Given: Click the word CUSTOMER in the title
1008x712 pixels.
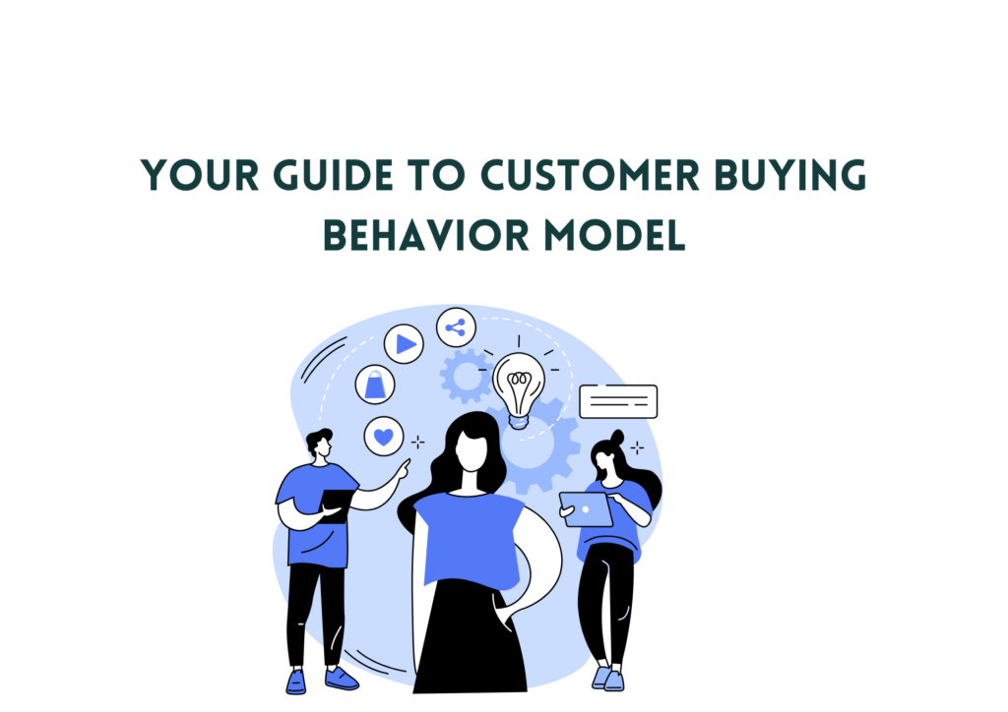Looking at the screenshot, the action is [x=590, y=175].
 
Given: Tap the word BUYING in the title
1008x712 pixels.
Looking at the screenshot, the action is [x=790, y=175].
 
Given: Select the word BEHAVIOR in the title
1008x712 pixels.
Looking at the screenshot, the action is [x=426, y=235].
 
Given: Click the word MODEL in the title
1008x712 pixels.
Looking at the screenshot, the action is [x=614, y=235].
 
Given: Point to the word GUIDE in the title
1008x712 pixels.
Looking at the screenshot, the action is [x=333, y=175].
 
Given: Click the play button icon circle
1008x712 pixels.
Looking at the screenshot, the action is [x=404, y=344].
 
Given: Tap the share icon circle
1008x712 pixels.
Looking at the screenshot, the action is [x=456, y=327].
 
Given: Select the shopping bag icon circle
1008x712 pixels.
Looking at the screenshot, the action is [x=375, y=385].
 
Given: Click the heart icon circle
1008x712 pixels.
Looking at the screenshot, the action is [x=384, y=437].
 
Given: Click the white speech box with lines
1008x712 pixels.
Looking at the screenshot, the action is [x=618, y=401].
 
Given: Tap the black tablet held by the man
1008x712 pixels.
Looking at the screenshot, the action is [x=335, y=505].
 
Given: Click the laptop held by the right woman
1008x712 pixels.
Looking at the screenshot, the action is [x=586, y=509].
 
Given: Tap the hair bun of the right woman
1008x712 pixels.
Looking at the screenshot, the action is [x=617, y=438].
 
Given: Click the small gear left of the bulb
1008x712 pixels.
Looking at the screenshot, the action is [x=466, y=377].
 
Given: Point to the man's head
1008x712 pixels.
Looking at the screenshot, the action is [x=320, y=443].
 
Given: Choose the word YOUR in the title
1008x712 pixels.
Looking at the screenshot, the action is [x=199, y=175].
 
